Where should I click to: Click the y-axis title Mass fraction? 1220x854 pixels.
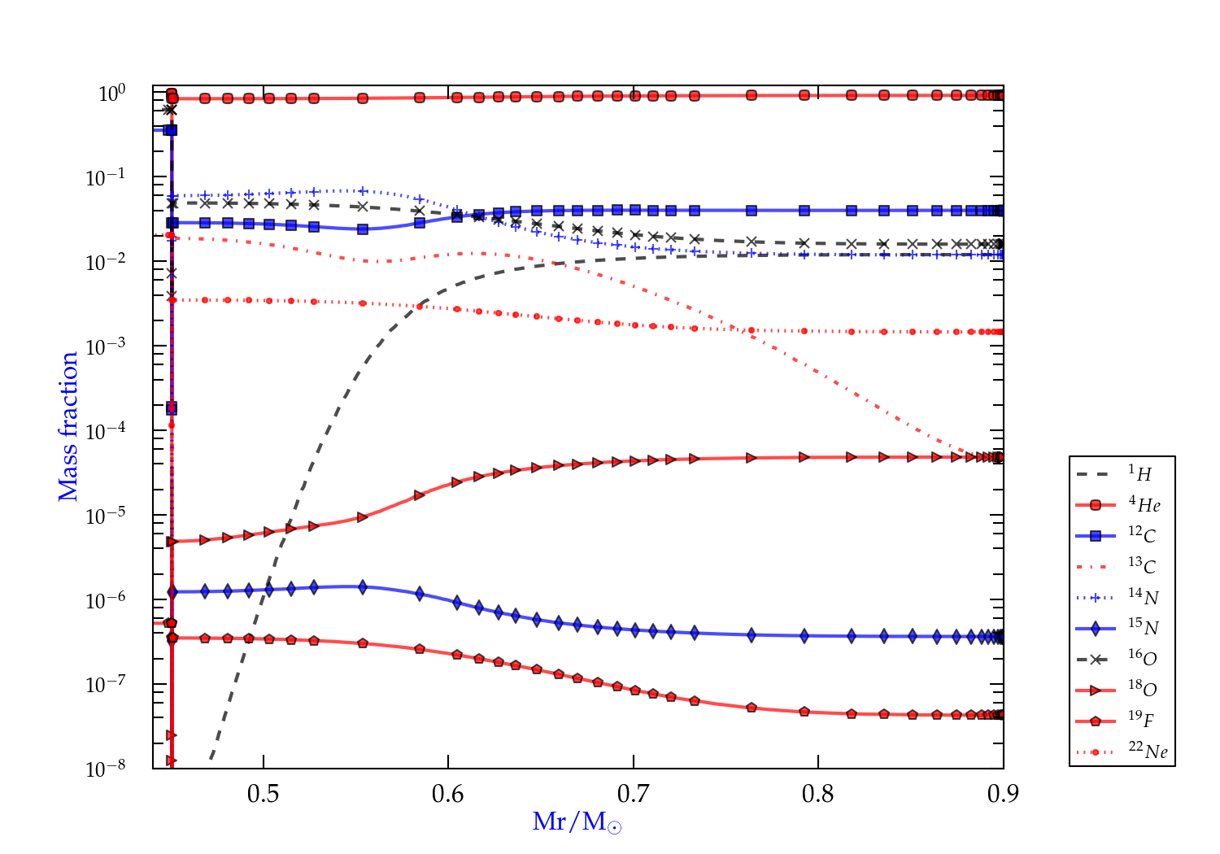[x=68, y=426]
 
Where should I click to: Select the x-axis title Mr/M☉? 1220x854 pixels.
[x=577, y=822]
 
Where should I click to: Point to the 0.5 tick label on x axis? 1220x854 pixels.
[x=263, y=794]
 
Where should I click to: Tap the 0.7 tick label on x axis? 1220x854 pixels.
[x=633, y=794]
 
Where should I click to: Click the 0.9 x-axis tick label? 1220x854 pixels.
[x=1003, y=794]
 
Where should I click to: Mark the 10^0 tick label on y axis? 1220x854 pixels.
[x=111, y=94]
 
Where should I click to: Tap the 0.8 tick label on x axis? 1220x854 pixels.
[x=818, y=794]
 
